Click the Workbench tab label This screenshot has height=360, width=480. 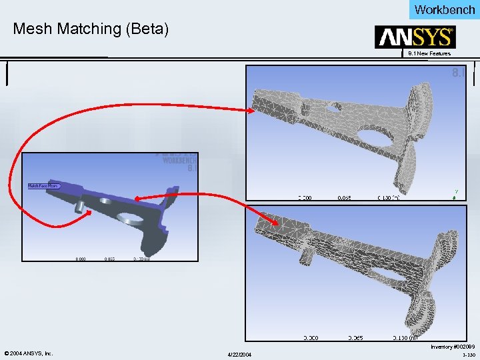pyautogui.click(x=445, y=9)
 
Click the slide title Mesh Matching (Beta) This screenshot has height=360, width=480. pyautogui.click(x=91, y=29)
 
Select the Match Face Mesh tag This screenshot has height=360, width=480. pyautogui.click(x=43, y=186)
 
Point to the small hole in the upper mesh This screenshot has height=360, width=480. pyautogui.click(x=331, y=105)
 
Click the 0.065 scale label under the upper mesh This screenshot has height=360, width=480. pyautogui.click(x=345, y=198)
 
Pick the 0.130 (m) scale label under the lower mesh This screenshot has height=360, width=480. pyautogui.click(x=405, y=338)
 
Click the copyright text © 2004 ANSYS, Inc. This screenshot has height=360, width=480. pyautogui.click(x=29, y=353)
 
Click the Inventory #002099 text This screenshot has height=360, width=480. pyautogui.click(x=453, y=347)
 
